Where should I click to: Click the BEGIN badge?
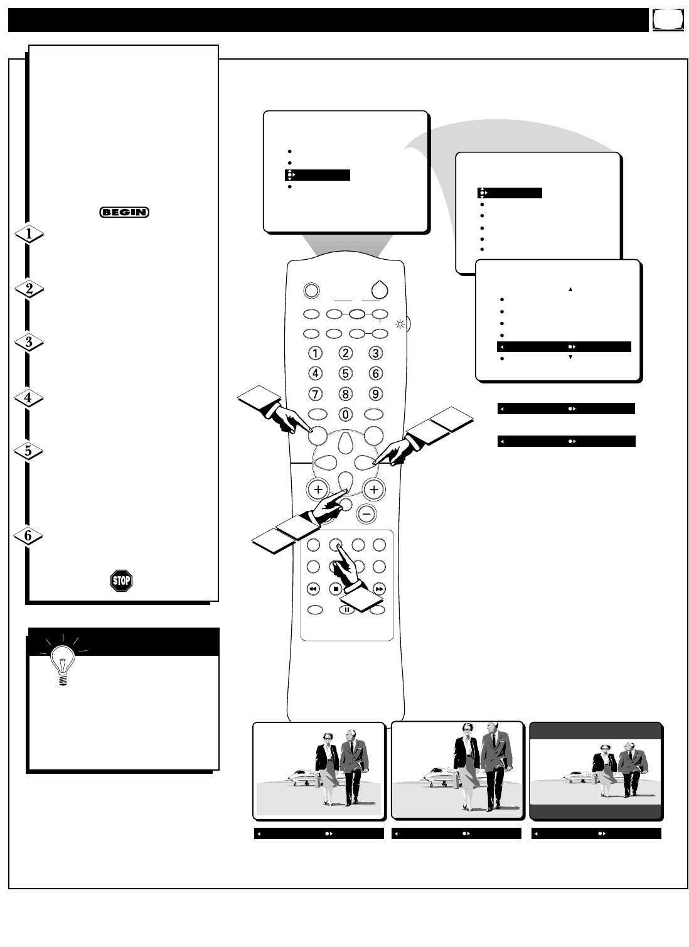click(x=124, y=212)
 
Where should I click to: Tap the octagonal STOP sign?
click(x=121, y=581)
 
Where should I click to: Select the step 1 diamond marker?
click(x=29, y=234)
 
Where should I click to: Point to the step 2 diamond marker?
click(x=29, y=289)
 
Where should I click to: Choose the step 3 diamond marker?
click(x=29, y=341)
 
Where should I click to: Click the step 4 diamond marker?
click(x=29, y=397)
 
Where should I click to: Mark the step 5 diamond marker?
click(x=28, y=451)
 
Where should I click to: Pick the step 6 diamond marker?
click(x=28, y=536)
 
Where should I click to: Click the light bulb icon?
click(x=63, y=661)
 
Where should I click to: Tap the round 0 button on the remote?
click(x=345, y=414)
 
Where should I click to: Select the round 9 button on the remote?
click(x=375, y=394)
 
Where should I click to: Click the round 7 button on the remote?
click(x=315, y=394)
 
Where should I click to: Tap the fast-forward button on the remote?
click(x=379, y=589)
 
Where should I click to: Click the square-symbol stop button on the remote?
click(x=336, y=589)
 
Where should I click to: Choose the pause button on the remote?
click(x=346, y=609)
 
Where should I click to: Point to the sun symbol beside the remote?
click(x=400, y=324)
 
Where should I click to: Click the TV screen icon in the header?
click(x=668, y=19)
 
